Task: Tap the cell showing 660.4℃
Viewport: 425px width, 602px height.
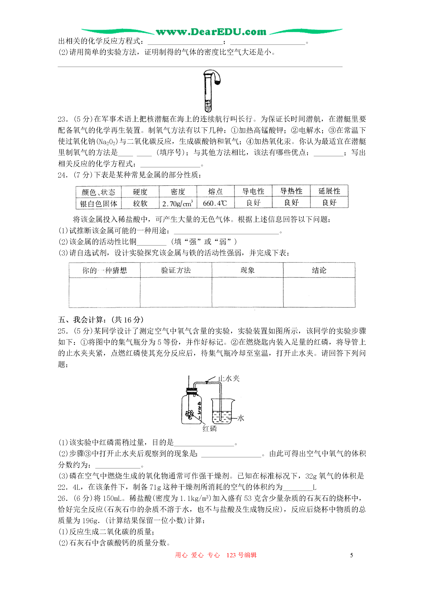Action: pyautogui.click(x=215, y=203)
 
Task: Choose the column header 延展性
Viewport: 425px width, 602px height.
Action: pyautogui.click(x=329, y=191)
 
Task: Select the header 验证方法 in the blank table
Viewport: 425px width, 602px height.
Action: pyautogui.click(x=176, y=270)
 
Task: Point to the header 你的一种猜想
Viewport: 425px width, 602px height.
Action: pyautogui.click(x=105, y=270)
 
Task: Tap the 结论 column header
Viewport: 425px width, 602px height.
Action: pyautogui.click(x=319, y=270)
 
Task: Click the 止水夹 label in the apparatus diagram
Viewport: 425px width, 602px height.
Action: pyautogui.click(x=229, y=378)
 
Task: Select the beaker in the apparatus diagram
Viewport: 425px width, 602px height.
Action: pyautogui.click(x=223, y=412)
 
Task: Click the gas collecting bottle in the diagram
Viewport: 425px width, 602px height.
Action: pyautogui.click(x=191, y=408)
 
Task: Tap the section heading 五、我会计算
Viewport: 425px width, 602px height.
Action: pyautogui.click(x=101, y=320)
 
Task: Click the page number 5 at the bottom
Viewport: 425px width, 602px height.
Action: pyautogui.click(x=351, y=555)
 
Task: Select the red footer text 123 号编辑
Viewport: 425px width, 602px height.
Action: pyautogui.click(x=241, y=555)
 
